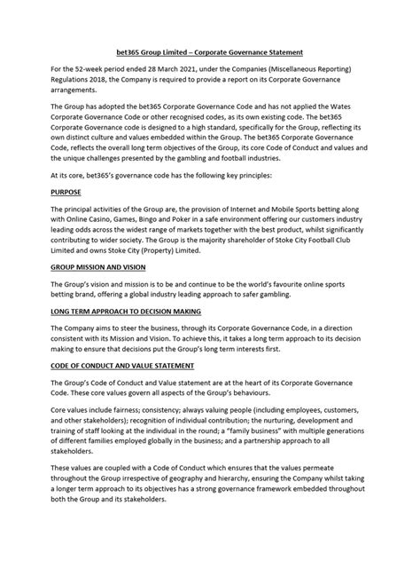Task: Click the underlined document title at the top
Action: click(210, 52)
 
